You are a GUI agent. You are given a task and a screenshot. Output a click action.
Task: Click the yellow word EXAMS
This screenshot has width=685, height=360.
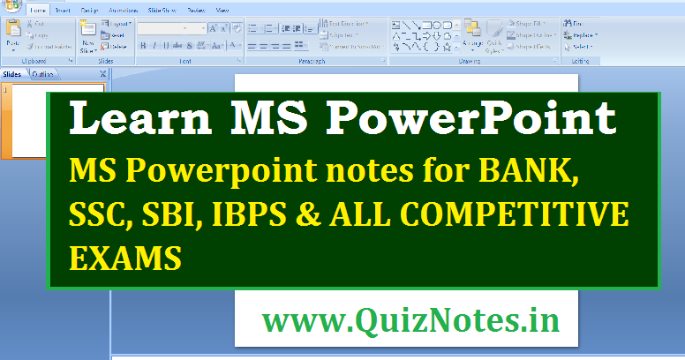[125, 259]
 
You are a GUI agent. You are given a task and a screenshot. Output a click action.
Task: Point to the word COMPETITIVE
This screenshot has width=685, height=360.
[531, 216]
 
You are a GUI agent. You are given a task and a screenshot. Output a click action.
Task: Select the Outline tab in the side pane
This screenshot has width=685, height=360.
[41, 75]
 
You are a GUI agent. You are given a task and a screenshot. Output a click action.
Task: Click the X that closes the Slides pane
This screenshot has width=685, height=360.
[103, 75]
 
